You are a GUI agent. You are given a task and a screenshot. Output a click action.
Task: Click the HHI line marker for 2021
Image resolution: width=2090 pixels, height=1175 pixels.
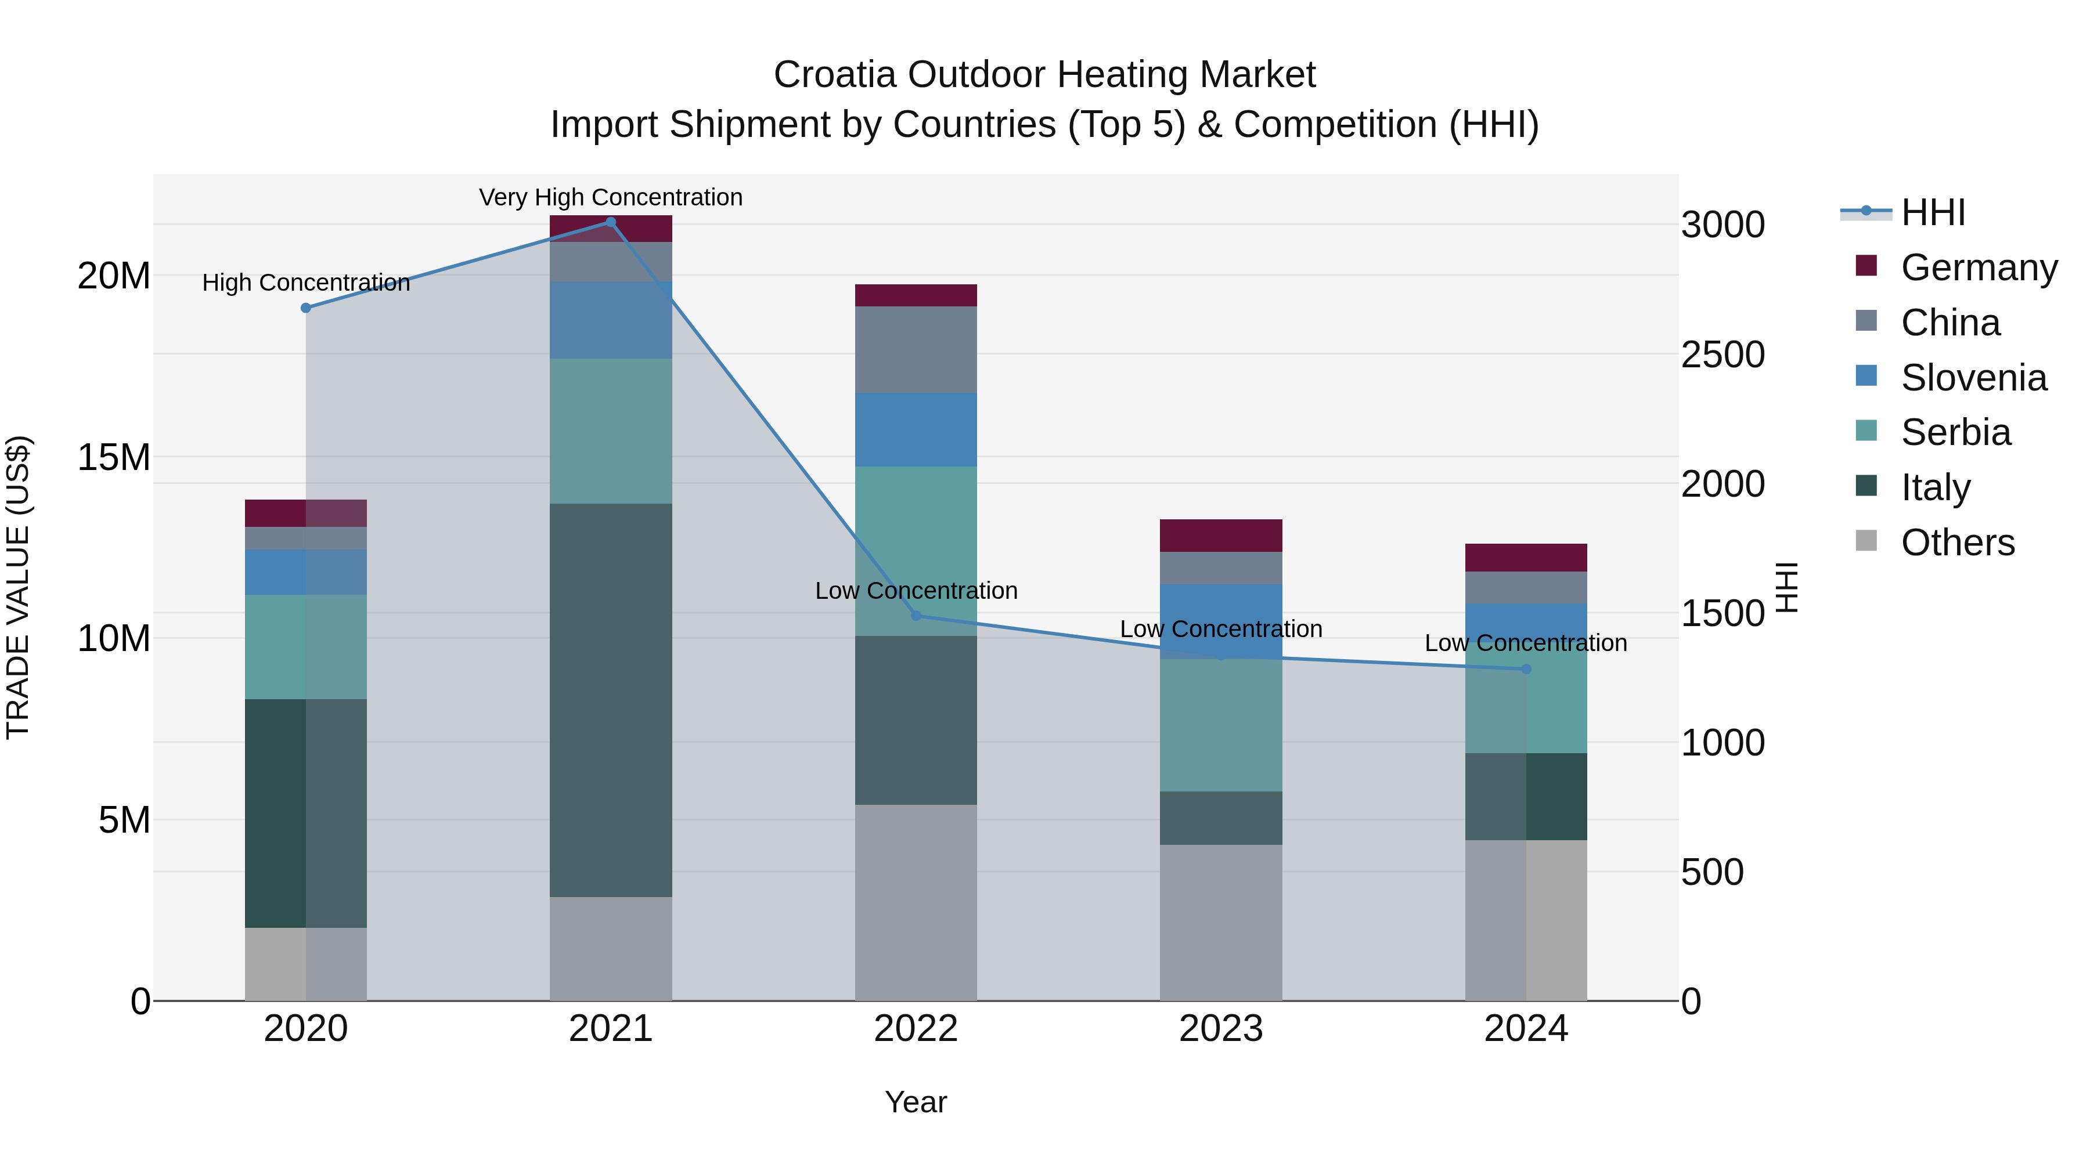click(x=610, y=222)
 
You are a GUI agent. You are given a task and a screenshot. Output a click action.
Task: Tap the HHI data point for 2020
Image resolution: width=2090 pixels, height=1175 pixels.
click(x=306, y=308)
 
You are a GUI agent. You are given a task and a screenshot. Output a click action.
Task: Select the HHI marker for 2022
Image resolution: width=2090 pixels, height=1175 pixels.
click(x=916, y=616)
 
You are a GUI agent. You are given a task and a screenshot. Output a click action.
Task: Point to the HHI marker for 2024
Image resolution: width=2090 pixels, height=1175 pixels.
click(x=1526, y=669)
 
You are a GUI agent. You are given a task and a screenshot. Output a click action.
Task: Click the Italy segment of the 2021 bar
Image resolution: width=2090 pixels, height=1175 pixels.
click(x=610, y=700)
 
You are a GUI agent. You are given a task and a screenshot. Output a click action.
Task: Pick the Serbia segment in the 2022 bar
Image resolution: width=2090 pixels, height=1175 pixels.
click(x=916, y=551)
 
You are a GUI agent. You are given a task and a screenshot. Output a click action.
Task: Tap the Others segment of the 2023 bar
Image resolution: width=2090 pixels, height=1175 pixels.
click(x=1221, y=923)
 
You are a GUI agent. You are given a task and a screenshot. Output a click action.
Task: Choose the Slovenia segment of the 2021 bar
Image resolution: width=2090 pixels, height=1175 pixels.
click(x=610, y=320)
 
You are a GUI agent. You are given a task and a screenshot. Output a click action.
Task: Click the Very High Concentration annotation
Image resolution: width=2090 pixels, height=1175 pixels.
click(x=610, y=197)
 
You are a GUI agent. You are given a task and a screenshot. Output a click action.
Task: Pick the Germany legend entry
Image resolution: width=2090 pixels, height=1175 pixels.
click(x=1978, y=267)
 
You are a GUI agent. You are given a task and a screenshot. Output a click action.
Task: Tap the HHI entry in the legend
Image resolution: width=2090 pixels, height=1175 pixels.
click(x=1933, y=212)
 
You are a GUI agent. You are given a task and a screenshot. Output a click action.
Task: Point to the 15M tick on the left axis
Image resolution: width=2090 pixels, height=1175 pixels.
click(x=114, y=457)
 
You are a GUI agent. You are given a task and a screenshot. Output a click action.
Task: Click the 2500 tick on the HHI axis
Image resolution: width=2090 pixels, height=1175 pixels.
click(x=1723, y=355)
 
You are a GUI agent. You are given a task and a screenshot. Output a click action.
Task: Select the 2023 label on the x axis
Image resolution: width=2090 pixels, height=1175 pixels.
click(x=1221, y=1029)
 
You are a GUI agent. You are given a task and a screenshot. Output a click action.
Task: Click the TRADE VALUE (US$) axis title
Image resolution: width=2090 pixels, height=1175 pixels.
click(x=18, y=587)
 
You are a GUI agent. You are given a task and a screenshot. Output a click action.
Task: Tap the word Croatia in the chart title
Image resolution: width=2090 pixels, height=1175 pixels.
click(x=835, y=75)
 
